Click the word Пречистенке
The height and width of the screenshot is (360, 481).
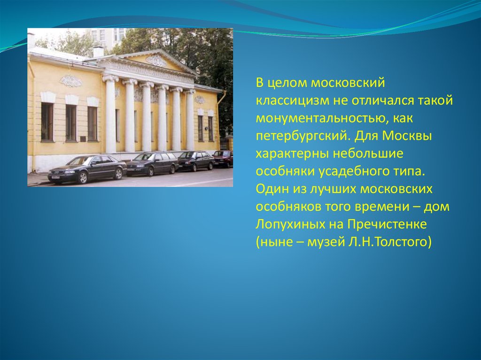tap(387, 224)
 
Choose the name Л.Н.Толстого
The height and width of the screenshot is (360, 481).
tap(389, 242)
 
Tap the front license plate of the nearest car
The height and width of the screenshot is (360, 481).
tap(55, 177)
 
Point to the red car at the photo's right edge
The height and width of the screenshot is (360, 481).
tap(223, 158)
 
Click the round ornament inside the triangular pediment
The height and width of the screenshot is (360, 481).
tap(157, 61)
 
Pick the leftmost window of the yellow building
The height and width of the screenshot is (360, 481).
tap(47, 122)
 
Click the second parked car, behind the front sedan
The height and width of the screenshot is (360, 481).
tap(153, 163)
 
